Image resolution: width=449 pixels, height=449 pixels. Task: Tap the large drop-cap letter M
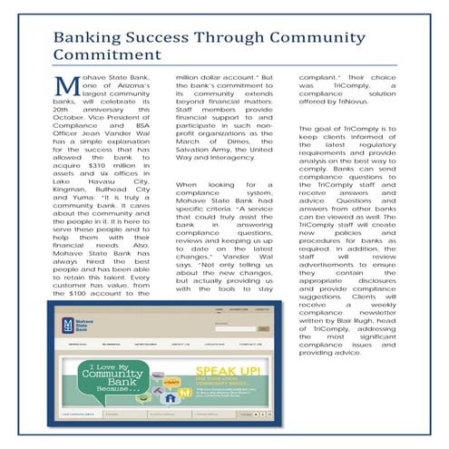click(x=66, y=88)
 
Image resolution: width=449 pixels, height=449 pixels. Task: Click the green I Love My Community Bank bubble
click(x=116, y=380)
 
